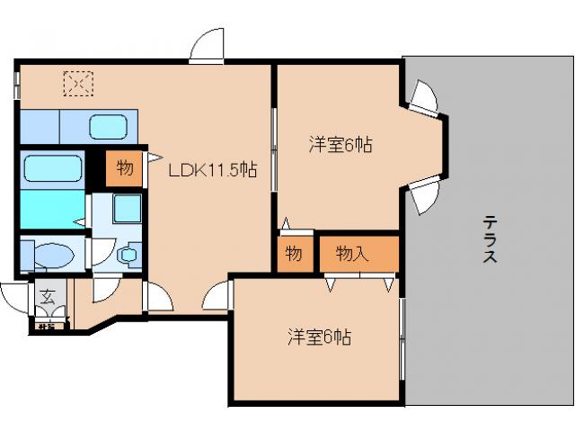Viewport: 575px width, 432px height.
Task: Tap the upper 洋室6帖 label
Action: pyautogui.click(x=341, y=145)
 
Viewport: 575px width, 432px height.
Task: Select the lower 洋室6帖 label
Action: pyautogui.click(x=319, y=337)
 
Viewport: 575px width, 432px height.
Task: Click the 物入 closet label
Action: pyautogui.click(x=352, y=254)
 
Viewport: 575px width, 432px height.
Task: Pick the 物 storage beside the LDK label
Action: pyautogui.click(x=124, y=167)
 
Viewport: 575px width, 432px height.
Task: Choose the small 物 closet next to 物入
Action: pyautogui.click(x=293, y=254)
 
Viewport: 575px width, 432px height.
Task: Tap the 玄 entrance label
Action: pyautogui.click(x=49, y=294)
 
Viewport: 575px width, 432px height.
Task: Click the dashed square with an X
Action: pyautogui.click(x=78, y=84)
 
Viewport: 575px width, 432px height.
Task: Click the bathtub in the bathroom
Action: pyautogui.click(x=51, y=168)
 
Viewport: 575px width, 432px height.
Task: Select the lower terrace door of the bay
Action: pyautogui.click(x=422, y=190)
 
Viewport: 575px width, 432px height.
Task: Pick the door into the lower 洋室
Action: pyautogui.click(x=217, y=297)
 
